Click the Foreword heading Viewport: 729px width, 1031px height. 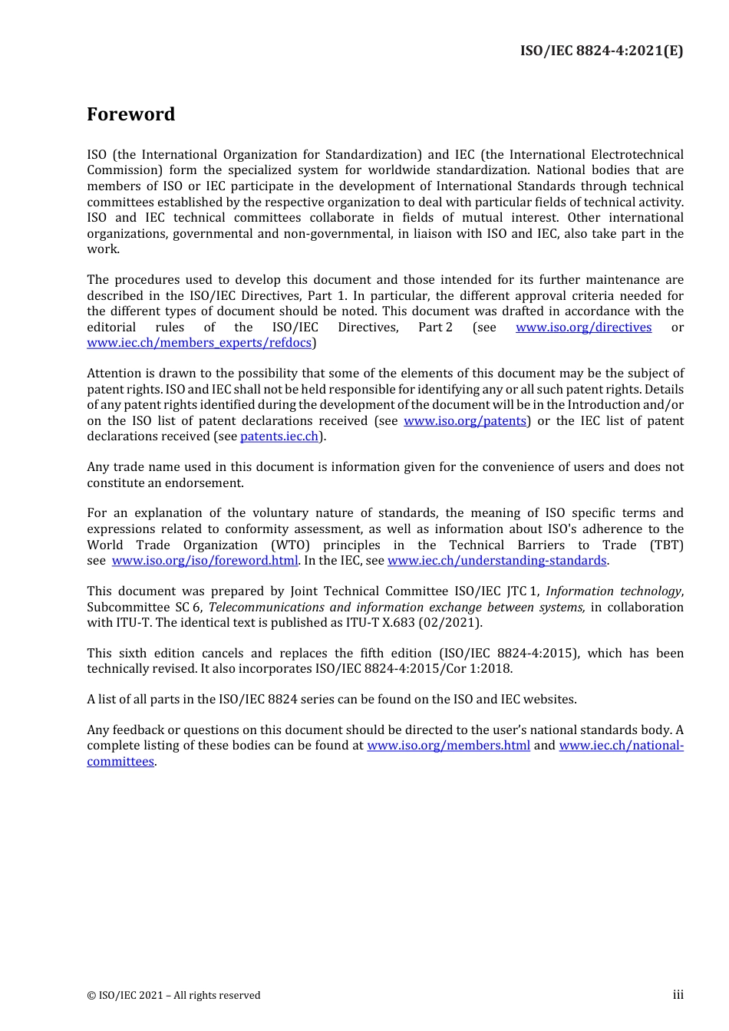(130, 114)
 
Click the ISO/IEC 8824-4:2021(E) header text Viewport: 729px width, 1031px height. (601, 51)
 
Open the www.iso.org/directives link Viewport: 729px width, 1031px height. (583, 328)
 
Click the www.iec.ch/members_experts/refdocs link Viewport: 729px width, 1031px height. (200, 343)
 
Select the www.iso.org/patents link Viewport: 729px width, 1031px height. (465, 421)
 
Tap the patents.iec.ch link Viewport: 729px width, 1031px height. (279, 436)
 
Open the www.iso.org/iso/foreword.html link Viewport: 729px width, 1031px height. (204, 561)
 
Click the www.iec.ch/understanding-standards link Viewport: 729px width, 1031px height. (497, 561)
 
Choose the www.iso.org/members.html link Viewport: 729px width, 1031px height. (448, 746)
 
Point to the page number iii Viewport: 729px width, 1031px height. (678, 995)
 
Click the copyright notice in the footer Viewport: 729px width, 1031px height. (173, 996)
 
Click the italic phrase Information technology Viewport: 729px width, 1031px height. (613, 591)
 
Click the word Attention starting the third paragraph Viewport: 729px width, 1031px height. (114, 374)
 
